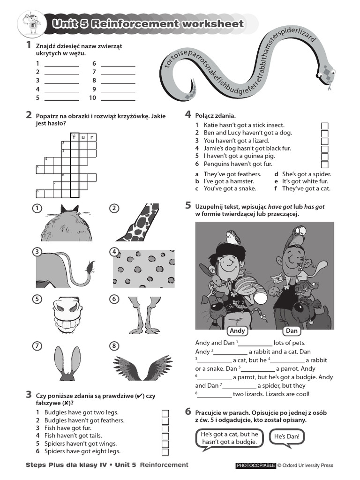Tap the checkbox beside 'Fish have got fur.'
coord(165,428)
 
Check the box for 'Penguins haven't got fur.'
coord(324,164)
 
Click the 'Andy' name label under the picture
coord(238,331)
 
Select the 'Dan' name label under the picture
coord(292,331)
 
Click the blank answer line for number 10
coord(118,98)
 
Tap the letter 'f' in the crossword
coord(74,137)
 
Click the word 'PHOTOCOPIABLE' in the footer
coord(255,465)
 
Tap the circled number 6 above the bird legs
coord(114,299)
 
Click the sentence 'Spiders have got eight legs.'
coord(82,451)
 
